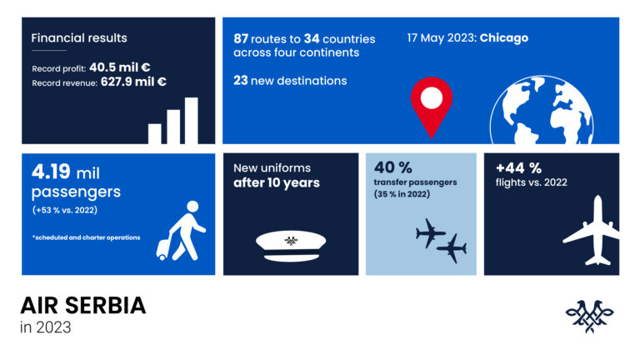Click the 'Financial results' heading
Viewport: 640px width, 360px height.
click(x=79, y=38)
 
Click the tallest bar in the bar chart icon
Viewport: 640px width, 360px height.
click(x=192, y=121)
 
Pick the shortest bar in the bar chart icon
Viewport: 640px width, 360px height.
click(x=155, y=133)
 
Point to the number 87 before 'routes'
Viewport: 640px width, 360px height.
click(x=243, y=39)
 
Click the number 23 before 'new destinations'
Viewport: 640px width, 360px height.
click(x=242, y=81)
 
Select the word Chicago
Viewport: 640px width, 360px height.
click(x=504, y=38)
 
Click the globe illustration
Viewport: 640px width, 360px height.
click(x=542, y=114)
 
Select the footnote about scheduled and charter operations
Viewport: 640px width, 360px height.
click(x=86, y=237)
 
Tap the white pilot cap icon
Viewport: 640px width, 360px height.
click(x=290, y=243)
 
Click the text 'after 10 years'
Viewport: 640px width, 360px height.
click(x=277, y=182)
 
